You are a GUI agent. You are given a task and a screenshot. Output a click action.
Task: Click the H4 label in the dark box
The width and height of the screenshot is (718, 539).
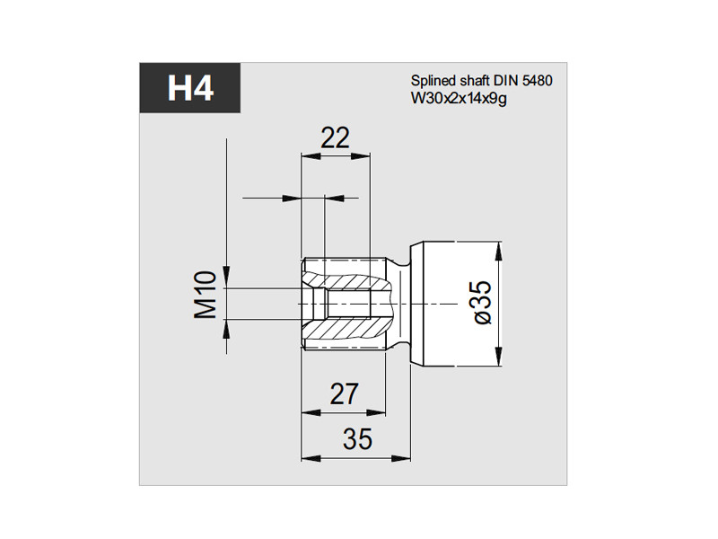click(190, 87)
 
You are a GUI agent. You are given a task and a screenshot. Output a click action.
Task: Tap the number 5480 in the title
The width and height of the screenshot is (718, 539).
click(537, 81)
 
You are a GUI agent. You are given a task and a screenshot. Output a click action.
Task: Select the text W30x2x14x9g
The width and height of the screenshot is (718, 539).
click(459, 99)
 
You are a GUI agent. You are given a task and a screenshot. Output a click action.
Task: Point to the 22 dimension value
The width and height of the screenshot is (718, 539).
click(335, 137)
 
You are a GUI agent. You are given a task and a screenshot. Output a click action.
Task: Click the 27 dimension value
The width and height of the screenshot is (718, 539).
click(344, 393)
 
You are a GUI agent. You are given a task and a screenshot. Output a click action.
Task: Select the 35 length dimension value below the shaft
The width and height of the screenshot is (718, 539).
click(357, 439)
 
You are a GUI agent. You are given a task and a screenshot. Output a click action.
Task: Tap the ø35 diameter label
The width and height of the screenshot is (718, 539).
click(483, 303)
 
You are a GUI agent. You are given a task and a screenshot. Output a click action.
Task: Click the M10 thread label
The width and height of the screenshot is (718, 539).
click(206, 295)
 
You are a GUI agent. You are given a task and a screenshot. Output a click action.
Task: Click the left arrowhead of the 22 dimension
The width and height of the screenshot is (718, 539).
click(310, 156)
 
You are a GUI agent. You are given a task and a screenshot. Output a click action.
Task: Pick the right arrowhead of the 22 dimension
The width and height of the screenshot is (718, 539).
click(361, 156)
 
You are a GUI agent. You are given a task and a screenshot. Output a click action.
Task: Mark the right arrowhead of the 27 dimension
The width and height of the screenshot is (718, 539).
click(375, 413)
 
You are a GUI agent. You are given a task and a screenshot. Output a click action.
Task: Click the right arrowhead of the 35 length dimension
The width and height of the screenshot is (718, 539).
click(401, 458)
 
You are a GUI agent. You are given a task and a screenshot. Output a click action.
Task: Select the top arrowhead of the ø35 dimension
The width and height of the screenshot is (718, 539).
click(499, 252)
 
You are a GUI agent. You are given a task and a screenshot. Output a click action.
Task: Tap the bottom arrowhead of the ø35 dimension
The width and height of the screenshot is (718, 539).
click(499, 357)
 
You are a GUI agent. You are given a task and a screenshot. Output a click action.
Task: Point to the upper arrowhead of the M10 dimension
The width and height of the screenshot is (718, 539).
click(226, 278)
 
